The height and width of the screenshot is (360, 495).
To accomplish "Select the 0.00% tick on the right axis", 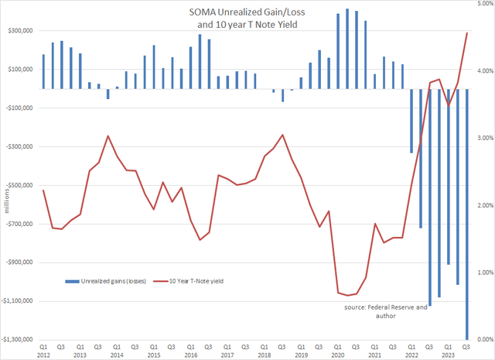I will [x=483, y=340].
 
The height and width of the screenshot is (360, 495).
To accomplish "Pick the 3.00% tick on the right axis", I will [x=483, y=138].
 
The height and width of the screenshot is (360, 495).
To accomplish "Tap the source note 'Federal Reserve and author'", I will [x=386, y=312].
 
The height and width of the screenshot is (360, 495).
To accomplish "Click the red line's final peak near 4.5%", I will [x=466, y=33].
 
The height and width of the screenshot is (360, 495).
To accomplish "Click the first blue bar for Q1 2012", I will [x=43, y=71].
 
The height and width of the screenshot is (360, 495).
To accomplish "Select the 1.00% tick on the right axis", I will [x=483, y=273].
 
